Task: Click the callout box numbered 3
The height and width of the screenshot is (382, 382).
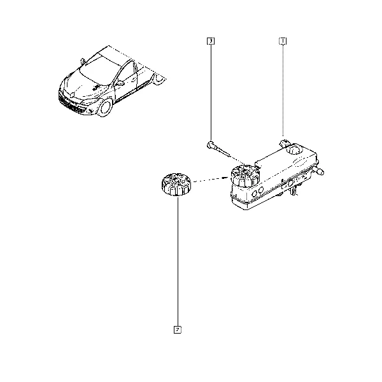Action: click(211, 41)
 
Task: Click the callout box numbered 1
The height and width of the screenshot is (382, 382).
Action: click(283, 41)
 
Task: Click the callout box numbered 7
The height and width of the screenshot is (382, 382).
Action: click(178, 330)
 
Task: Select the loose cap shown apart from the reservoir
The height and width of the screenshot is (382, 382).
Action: click(176, 185)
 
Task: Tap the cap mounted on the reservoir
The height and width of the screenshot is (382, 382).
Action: click(245, 176)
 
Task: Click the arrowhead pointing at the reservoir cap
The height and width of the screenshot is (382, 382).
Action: click(225, 178)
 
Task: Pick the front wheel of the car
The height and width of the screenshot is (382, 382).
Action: click(105, 108)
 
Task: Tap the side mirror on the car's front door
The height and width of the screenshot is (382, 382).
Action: click(120, 83)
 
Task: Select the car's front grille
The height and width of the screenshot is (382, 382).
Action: click(71, 105)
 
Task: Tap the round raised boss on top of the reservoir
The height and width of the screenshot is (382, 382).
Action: click(294, 149)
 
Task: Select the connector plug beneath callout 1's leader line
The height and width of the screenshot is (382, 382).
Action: click(284, 143)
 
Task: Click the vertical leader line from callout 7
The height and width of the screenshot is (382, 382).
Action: click(178, 262)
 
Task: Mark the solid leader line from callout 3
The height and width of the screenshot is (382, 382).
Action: click(211, 92)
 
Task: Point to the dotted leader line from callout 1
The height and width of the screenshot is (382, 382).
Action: click(283, 90)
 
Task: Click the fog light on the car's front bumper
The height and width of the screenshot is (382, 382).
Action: click(90, 111)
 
